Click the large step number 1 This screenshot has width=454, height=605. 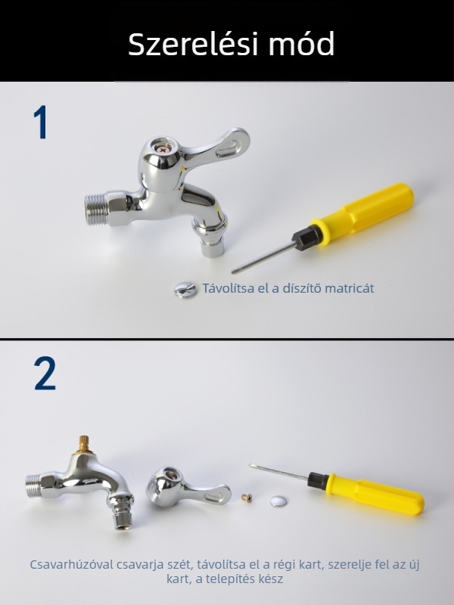point(40,122)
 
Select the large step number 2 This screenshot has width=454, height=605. point(45,373)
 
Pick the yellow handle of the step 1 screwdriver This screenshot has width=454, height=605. point(362,211)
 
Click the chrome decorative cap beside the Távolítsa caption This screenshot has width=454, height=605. point(185,290)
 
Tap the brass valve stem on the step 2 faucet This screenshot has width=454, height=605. point(84,445)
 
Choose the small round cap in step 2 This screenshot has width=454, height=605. point(278,501)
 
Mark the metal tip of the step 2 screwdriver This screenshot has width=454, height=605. point(252,466)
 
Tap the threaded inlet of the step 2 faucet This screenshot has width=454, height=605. point(35,486)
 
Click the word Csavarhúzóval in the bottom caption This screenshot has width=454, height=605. point(72,564)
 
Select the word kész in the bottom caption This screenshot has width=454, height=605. point(271,579)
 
